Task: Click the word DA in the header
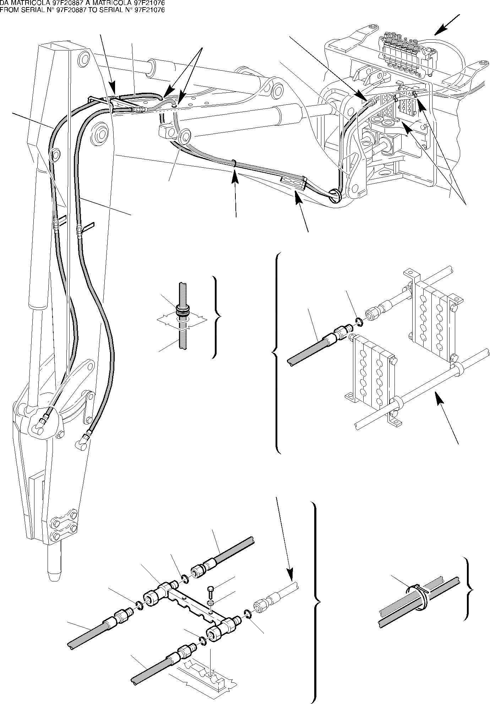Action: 4,3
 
